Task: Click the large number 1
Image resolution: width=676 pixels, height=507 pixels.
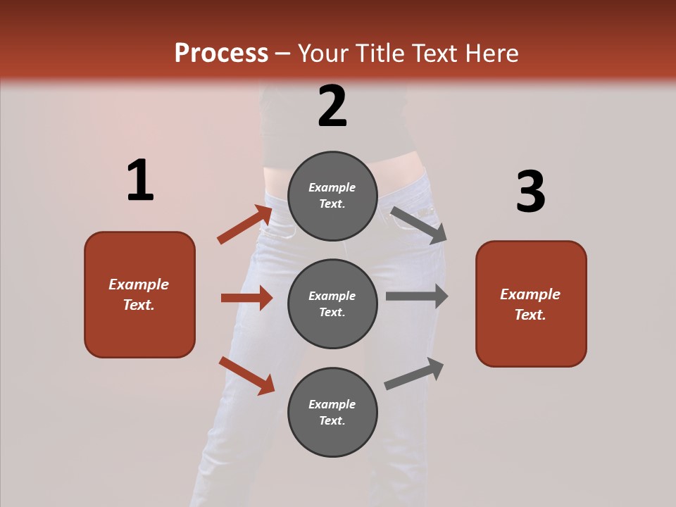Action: point(140,180)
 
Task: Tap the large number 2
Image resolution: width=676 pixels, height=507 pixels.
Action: point(332,106)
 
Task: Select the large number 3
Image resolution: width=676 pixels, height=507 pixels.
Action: point(530,192)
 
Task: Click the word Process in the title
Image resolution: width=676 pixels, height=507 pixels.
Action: point(221,53)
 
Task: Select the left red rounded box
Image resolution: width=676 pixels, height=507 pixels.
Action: point(139,294)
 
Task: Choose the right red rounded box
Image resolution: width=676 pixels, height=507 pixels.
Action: point(531,303)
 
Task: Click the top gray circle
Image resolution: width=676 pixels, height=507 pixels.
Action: point(332,196)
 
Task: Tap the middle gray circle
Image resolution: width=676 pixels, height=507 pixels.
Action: point(332,304)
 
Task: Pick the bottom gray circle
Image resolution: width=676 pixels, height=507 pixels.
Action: point(332,413)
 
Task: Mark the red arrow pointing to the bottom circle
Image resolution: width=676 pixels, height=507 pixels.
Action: point(246,375)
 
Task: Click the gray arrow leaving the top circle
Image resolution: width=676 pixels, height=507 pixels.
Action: point(418,225)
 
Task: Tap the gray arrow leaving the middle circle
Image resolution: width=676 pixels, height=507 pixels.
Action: point(416,296)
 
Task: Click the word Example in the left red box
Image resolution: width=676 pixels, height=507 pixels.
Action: point(139,284)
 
